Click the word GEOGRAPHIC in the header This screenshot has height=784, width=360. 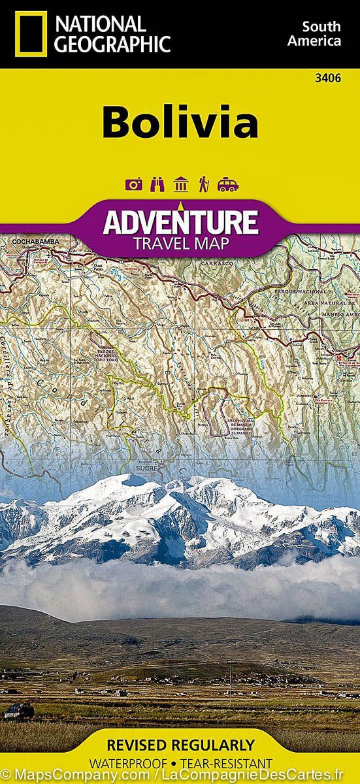tap(114, 44)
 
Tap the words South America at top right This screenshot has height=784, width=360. tap(321, 33)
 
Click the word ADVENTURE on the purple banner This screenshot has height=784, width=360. tap(180, 221)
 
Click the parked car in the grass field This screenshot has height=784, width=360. tap(18, 711)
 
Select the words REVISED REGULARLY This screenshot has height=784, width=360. tap(180, 745)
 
